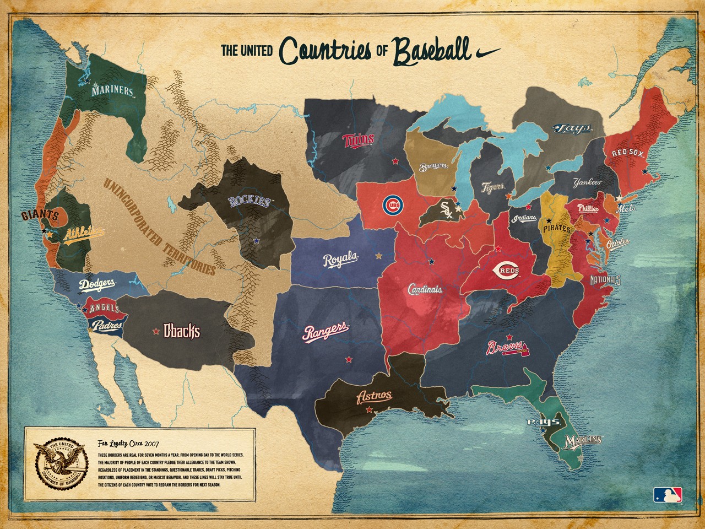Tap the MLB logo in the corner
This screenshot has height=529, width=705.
tap(668, 494)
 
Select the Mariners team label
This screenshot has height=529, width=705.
tap(113, 91)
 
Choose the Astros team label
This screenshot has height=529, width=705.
tap(375, 396)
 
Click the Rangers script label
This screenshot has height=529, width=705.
tap(326, 332)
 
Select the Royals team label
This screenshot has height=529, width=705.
tap(341, 260)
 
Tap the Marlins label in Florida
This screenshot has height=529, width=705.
tap(584, 440)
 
